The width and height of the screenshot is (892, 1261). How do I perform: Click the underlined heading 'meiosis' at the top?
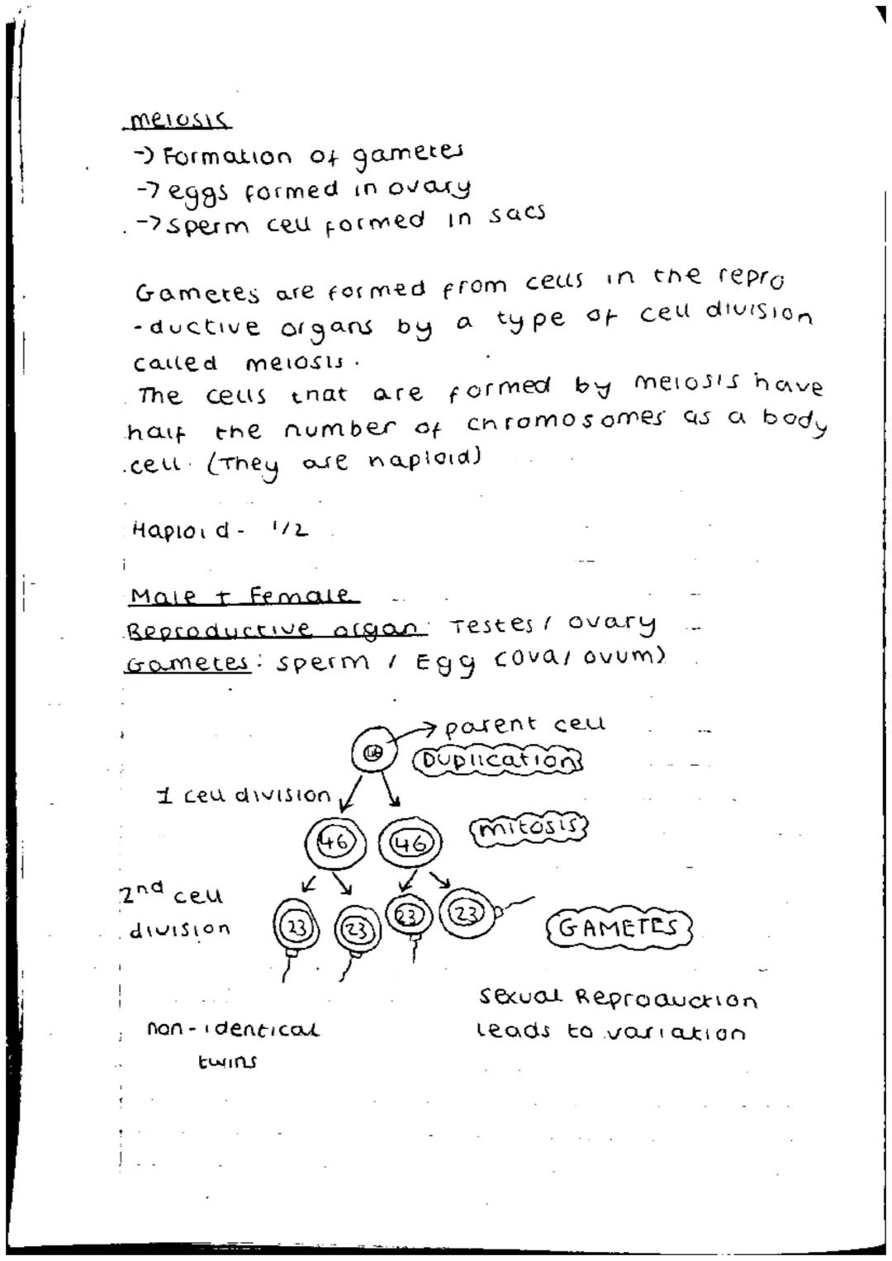coord(176,122)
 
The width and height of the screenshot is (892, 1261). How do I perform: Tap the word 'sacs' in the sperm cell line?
coord(517,214)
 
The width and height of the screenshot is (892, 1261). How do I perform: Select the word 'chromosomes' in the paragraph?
coord(565,421)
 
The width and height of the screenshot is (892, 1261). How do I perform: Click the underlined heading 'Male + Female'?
coord(240,595)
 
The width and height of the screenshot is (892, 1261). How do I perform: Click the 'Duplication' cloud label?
coord(498,760)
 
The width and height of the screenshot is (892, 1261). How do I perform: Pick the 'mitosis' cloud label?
coord(528,827)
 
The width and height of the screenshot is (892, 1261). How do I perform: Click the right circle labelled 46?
coord(410,843)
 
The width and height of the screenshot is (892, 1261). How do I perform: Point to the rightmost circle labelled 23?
coord(467,913)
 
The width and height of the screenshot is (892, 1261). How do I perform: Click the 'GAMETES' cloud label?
coord(619,927)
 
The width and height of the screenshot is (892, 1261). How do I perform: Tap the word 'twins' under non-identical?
coord(226,1062)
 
